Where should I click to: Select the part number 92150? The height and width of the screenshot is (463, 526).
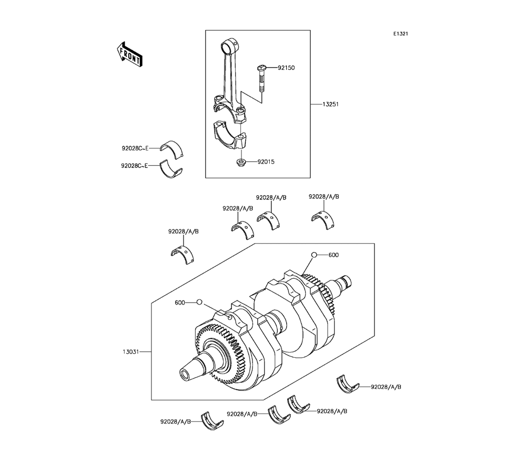click(286, 68)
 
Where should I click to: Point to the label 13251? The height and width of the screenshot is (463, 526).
click(330, 104)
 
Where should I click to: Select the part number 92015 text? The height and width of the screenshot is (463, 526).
click(266, 162)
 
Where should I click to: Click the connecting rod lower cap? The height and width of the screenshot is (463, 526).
click(230, 136)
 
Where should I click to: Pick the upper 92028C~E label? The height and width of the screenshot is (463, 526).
click(135, 148)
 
